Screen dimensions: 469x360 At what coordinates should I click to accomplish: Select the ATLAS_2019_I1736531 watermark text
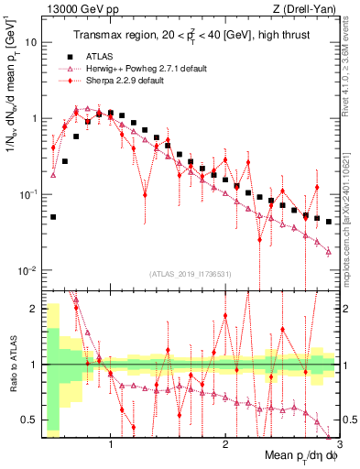coord(191,274)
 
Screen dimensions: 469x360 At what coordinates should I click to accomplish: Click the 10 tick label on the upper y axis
coord(30,42)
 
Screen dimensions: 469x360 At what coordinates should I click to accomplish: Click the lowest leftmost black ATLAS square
coord(53,217)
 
